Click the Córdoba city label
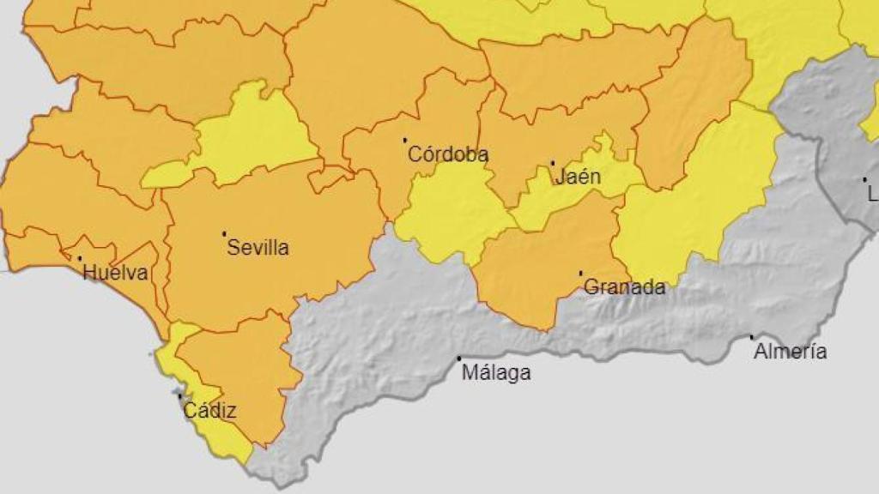pyautogui.click(x=448, y=155)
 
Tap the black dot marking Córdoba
pyautogui.click(x=405, y=140)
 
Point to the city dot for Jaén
pyautogui.click(x=553, y=163)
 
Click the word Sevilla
pyautogui.click(x=258, y=249)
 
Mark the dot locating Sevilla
pyautogui.click(x=225, y=233)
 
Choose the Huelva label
pyautogui.click(x=115, y=274)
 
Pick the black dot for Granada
pyautogui.click(x=581, y=274)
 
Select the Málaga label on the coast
pyautogui.click(x=496, y=373)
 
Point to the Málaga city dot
pyautogui.click(x=459, y=358)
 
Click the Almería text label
pyautogui.click(x=790, y=352)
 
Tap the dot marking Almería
pyautogui.click(x=752, y=337)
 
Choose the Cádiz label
pyautogui.click(x=209, y=412)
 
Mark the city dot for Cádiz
pyautogui.click(x=179, y=396)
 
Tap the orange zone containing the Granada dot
pyautogui.click(x=549, y=257)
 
